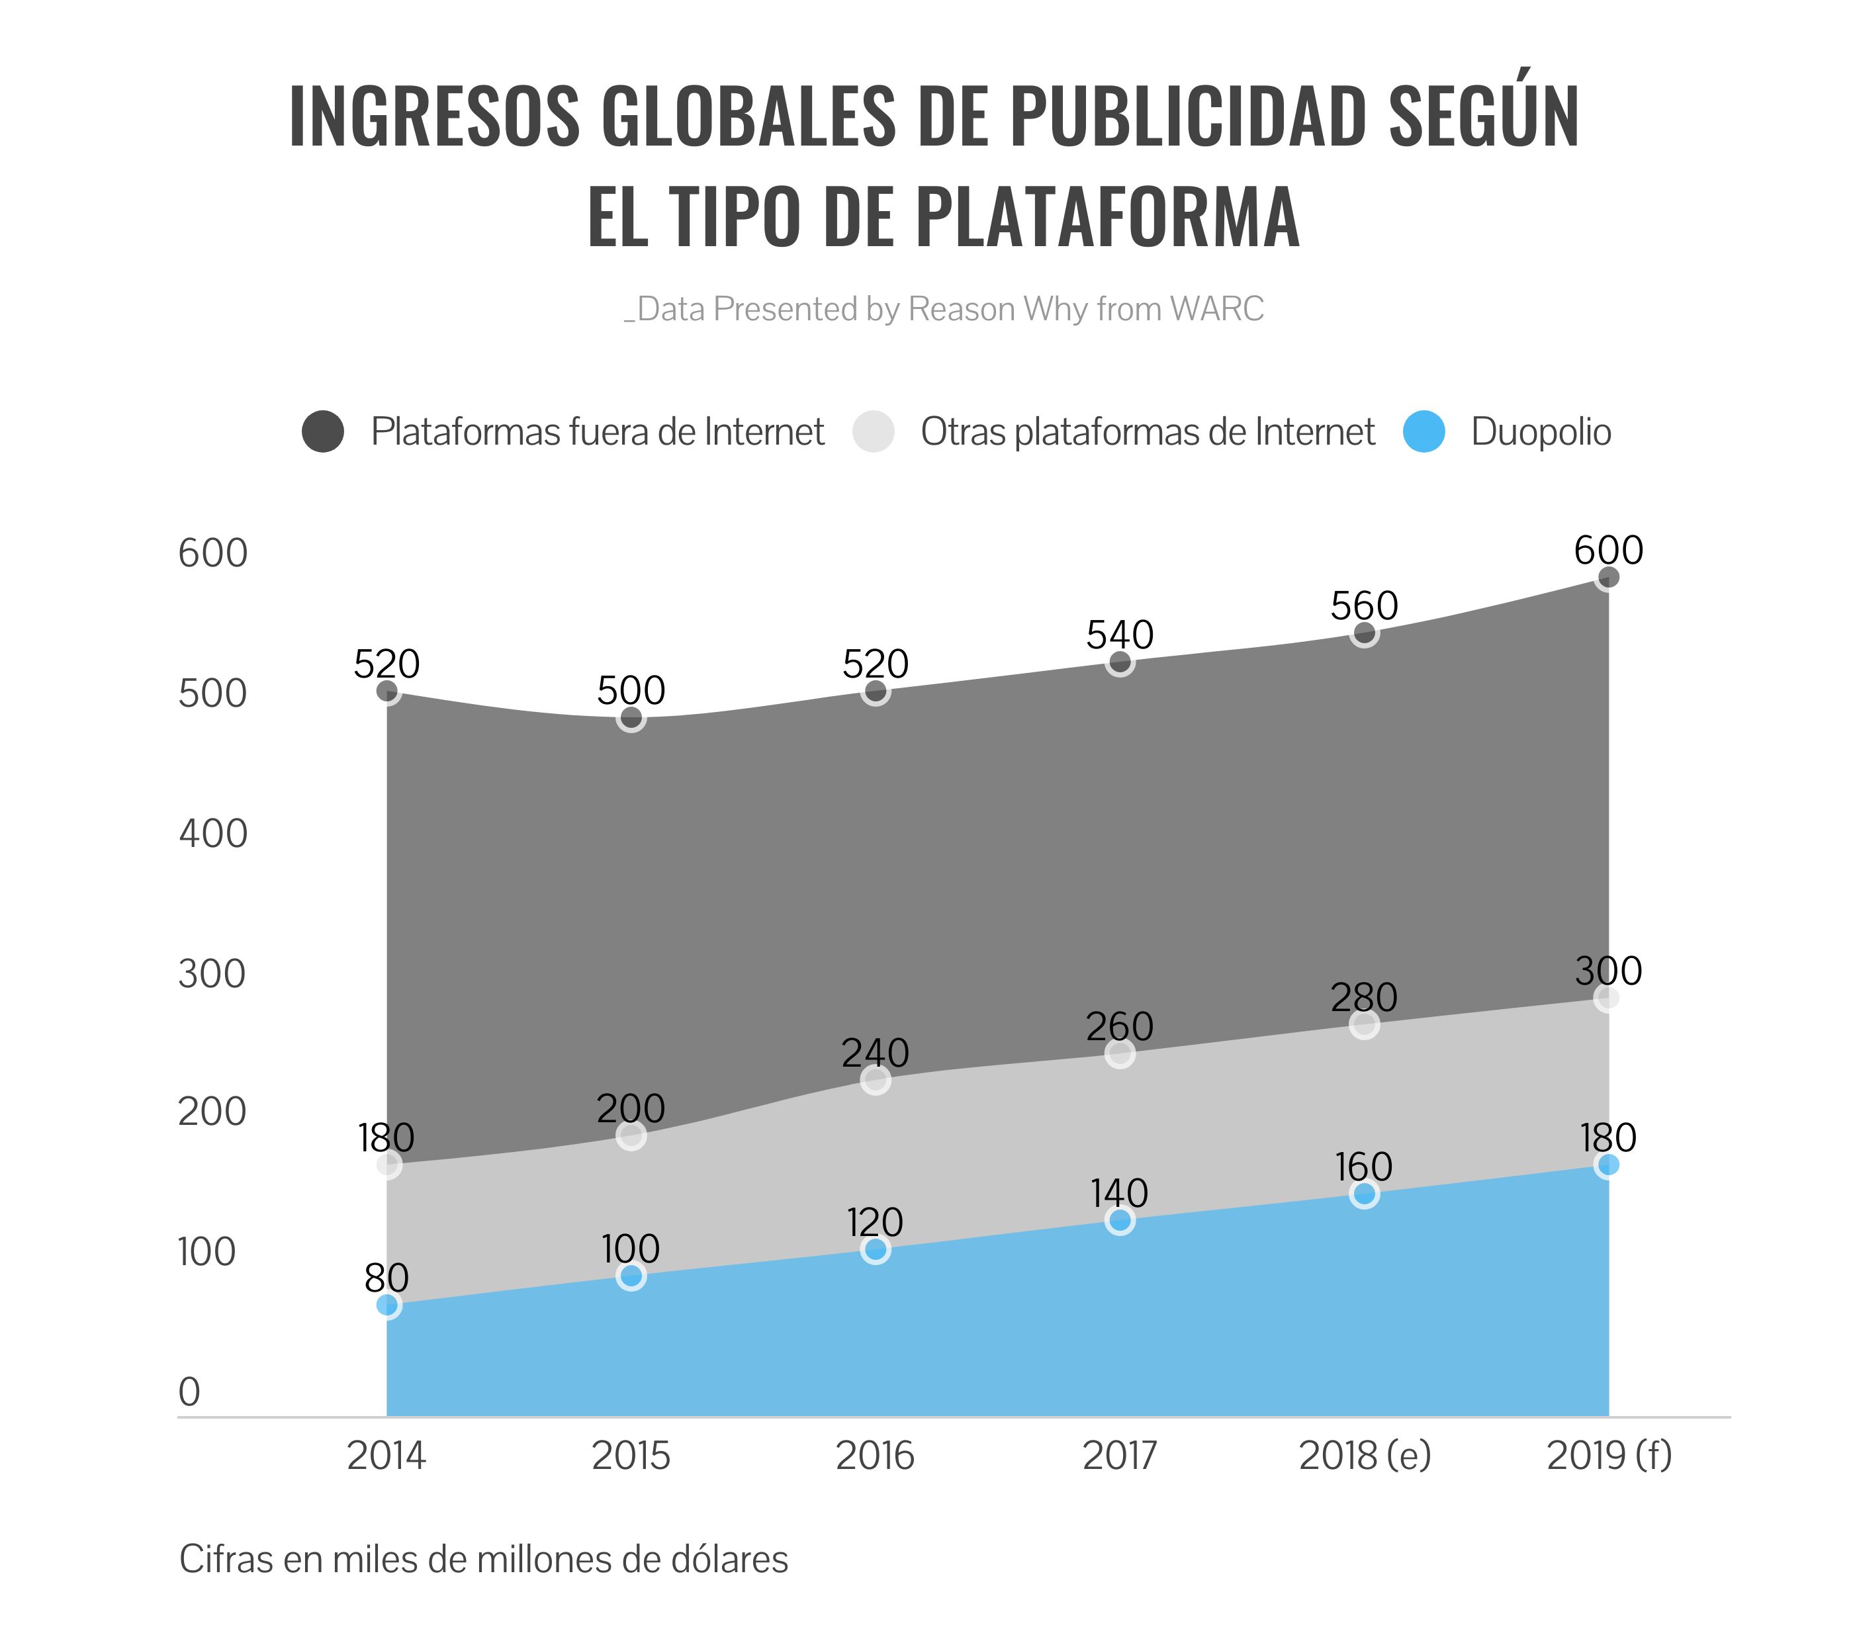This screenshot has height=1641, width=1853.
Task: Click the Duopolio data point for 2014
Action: pos(387,1305)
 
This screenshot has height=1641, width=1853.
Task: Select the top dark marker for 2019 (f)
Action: pos(1608,578)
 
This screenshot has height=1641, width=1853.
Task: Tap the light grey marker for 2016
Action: pos(876,1080)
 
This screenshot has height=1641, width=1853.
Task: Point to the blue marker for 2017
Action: pos(1120,1220)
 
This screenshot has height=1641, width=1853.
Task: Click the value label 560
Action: pos(1365,605)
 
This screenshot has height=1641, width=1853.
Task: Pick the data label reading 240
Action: pos(875,1053)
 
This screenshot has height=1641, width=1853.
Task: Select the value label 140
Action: pos(1120,1193)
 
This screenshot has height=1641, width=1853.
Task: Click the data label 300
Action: pos(1608,971)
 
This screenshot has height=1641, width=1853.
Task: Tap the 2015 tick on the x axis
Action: pos(631,1456)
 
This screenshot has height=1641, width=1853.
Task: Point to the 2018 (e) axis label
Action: pos(1365,1456)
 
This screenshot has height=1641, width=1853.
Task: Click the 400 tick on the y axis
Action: pos(213,833)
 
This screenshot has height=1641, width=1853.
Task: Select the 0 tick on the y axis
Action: pos(189,1392)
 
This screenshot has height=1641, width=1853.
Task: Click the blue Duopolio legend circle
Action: pos(1424,431)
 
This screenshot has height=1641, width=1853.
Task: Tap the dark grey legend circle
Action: pos(323,431)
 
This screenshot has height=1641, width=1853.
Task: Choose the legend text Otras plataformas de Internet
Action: pos(1148,431)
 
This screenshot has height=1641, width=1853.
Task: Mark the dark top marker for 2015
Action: pos(631,718)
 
